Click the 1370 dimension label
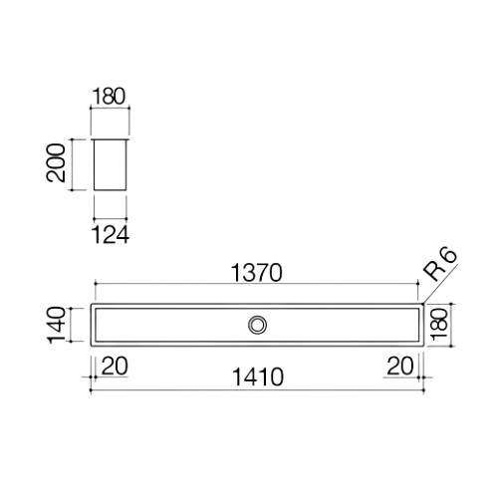point(258,270)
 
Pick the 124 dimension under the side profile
point(111,234)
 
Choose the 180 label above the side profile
point(110,97)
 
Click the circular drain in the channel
point(258,324)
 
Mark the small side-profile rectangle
point(110,164)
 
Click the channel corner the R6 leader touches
point(422,302)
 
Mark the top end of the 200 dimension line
point(71,138)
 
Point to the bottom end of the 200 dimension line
point(71,192)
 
